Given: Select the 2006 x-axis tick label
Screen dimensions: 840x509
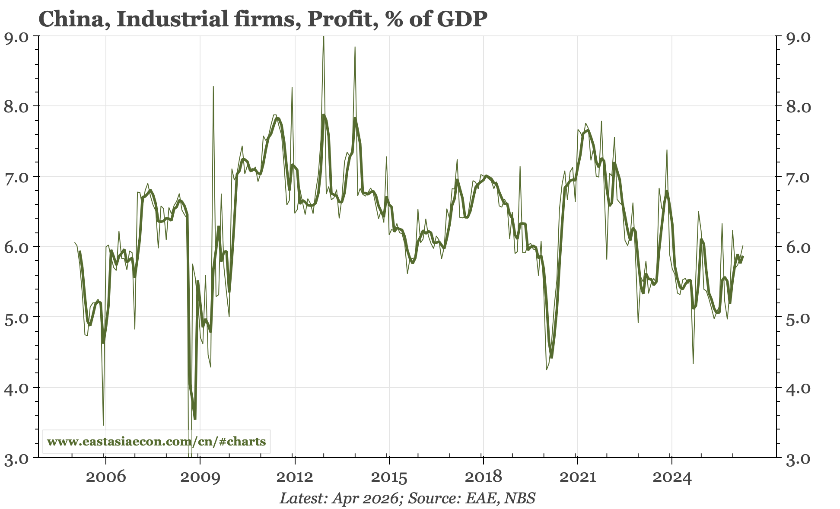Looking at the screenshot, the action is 105,478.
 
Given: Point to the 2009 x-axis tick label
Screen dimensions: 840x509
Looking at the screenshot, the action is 200,478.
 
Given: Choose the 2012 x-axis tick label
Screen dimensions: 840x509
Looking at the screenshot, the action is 294,478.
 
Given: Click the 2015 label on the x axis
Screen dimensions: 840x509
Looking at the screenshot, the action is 389,478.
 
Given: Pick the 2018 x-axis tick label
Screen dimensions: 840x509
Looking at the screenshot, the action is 483,478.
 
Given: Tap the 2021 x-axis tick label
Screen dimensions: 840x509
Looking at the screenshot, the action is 577,478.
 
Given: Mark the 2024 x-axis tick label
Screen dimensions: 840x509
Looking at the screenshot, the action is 671,478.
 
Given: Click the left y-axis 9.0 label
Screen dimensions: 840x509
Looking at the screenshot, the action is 16,37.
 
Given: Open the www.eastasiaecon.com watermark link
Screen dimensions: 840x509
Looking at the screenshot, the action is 156,442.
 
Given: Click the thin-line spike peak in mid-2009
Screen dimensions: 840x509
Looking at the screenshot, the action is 213,87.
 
